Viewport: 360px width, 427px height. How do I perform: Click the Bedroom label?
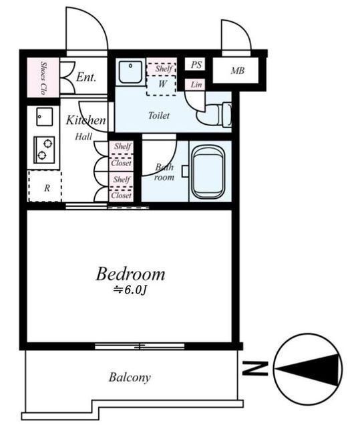click(130, 274)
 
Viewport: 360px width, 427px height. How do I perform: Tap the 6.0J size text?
click(130, 291)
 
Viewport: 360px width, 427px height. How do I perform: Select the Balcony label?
click(130, 378)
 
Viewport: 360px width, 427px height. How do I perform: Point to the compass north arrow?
click(308, 369)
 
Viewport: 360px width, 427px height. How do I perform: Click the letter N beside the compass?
click(255, 368)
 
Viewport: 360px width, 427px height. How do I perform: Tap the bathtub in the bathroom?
click(210, 171)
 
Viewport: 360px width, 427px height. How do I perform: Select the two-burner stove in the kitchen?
click(44, 149)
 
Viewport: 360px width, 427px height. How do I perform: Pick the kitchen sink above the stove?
click(45, 117)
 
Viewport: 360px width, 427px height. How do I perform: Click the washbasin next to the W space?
click(131, 71)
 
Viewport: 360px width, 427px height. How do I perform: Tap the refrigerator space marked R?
click(45, 187)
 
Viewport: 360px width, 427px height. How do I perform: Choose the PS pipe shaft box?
click(195, 64)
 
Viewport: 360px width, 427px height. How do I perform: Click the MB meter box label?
click(237, 71)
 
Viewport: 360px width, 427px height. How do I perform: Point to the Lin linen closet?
click(195, 85)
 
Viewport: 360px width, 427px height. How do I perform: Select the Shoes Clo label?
click(43, 77)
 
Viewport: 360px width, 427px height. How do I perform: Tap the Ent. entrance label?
click(86, 77)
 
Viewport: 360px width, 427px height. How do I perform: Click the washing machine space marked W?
click(162, 84)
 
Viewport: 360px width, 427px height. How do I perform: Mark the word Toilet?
click(159, 115)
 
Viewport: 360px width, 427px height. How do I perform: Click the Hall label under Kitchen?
click(83, 136)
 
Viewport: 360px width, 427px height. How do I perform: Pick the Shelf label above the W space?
click(164, 68)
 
